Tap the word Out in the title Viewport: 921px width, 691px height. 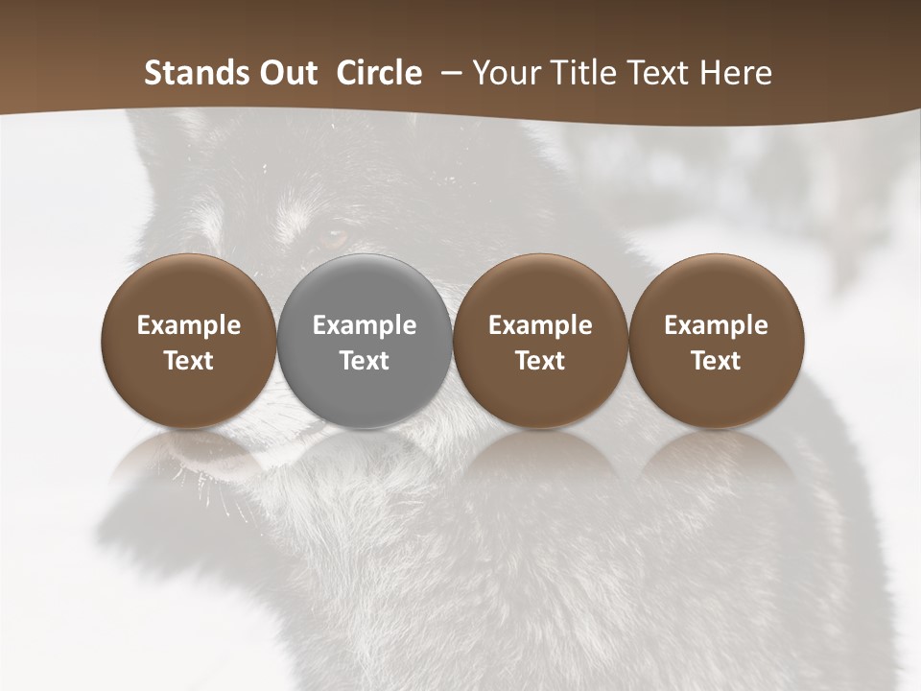pos(285,73)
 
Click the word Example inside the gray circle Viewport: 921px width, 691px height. pos(365,325)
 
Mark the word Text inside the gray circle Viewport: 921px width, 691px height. pos(365,361)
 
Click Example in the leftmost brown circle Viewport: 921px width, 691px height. pos(189,325)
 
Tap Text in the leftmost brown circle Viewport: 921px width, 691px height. pos(189,361)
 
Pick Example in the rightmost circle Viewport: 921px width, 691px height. pos(716,325)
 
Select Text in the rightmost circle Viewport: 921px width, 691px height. pos(716,361)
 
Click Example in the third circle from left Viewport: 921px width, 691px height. pos(540,325)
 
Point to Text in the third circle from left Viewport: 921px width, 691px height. pos(540,361)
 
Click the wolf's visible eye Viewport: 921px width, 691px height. pos(333,235)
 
